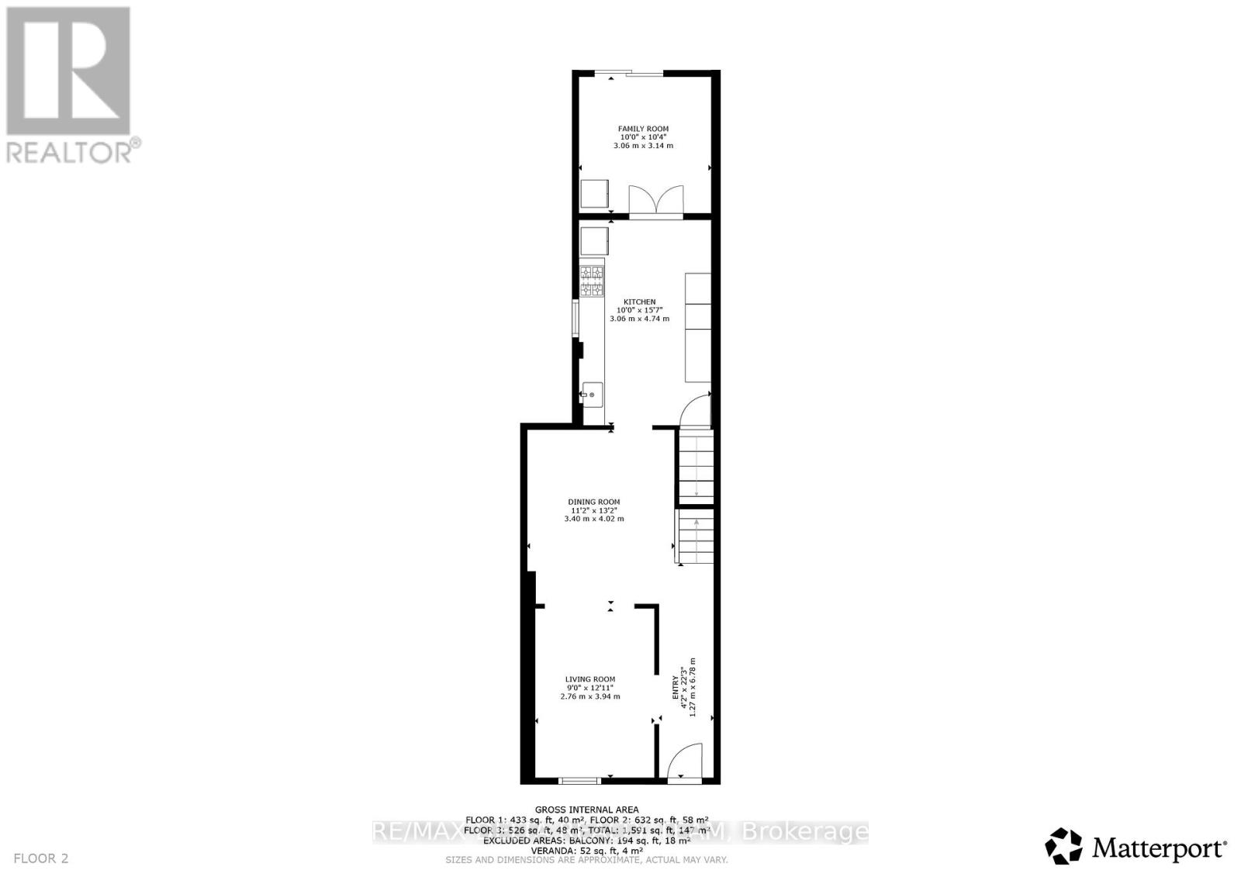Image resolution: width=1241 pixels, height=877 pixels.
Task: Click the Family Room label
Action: (x=643, y=129)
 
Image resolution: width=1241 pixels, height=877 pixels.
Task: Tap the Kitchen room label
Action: (x=640, y=302)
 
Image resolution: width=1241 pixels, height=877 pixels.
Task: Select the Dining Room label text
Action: (x=594, y=502)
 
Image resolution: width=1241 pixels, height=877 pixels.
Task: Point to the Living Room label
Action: (x=590, y=679)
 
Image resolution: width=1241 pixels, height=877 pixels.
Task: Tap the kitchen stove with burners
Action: (x=593, y=281)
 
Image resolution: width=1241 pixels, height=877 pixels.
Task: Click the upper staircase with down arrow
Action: (x=697, y=465)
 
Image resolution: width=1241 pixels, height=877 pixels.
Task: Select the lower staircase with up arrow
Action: (x=696, y=537)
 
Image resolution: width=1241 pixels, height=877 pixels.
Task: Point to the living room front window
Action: (x=580, y=780)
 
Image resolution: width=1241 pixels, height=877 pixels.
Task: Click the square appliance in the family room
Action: (x=594, y=194)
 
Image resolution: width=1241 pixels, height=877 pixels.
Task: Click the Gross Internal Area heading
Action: (x=586, y=810)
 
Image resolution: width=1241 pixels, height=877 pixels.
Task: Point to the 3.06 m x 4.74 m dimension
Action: (x=639, y=319)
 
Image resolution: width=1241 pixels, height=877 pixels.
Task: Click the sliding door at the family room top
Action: (x=629, y=74)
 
